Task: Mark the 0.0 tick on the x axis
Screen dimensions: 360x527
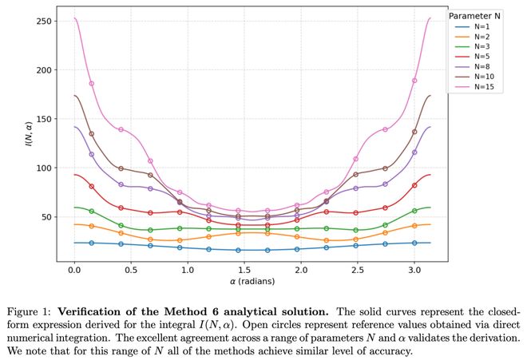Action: click(x=74, y=271)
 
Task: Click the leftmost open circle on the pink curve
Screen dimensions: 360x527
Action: click(x=92, y=83)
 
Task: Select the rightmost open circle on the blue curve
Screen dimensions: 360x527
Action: click(x=414, y=243)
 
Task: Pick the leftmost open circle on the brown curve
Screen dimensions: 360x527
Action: click(x=92, y=134)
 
